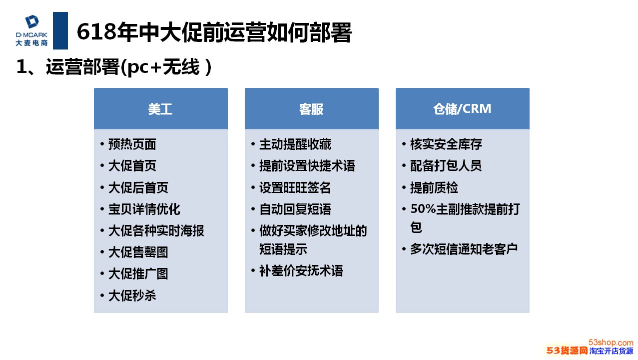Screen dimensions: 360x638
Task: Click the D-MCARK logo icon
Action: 32,22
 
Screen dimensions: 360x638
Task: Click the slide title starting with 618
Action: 214,33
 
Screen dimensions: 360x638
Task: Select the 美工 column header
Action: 160,109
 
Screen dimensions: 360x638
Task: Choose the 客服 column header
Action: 311,109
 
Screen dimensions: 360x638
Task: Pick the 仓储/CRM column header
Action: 462,109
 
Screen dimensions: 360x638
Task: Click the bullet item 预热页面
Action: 132,144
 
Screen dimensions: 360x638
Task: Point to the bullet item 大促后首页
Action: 138,187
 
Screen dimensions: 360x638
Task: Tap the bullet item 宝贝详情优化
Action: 144,209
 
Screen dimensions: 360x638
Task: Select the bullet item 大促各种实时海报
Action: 156,230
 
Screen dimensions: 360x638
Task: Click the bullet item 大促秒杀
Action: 132,295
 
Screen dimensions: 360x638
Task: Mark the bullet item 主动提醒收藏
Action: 295,144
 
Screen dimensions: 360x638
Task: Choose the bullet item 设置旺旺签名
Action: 295,187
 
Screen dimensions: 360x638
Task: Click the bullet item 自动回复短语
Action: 295,209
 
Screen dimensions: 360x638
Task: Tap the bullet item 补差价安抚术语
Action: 301,271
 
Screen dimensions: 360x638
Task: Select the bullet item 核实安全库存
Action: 446,144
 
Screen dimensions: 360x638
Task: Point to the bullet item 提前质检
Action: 434,187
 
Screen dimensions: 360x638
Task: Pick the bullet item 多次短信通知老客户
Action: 464,249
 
